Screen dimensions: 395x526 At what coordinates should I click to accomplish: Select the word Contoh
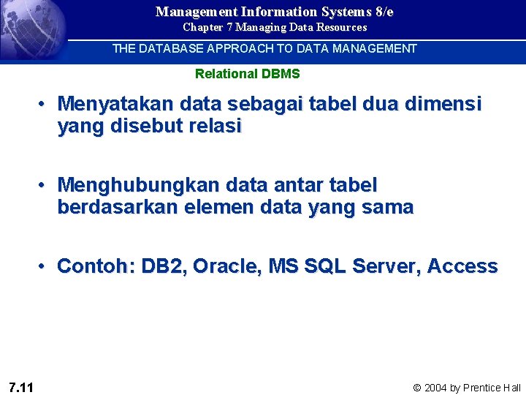[94, 266]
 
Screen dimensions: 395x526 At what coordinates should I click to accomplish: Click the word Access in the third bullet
[462, 266]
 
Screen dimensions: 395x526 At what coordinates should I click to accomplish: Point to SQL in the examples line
[324, 266]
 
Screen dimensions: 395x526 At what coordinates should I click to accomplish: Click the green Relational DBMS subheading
[247, 74]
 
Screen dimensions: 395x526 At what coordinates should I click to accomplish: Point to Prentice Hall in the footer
[492, 388]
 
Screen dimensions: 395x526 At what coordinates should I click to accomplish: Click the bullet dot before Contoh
[45, 266]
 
